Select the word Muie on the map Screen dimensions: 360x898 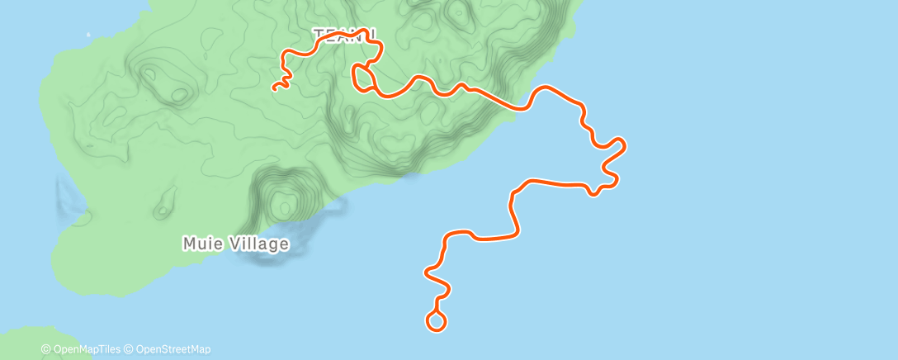(200, 244)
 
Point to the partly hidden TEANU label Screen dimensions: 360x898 (345, 35)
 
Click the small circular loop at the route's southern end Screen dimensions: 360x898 (436, 320)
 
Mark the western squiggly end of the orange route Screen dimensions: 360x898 (277, 85)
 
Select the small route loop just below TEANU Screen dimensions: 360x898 (362, 77)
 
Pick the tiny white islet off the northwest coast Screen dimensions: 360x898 (88, 35)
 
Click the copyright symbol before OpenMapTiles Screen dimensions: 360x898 (45, 349)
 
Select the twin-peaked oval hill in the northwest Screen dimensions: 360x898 (163, 83)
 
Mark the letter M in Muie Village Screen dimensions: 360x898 (188, 244)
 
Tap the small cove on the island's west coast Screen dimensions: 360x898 (73, 202)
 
